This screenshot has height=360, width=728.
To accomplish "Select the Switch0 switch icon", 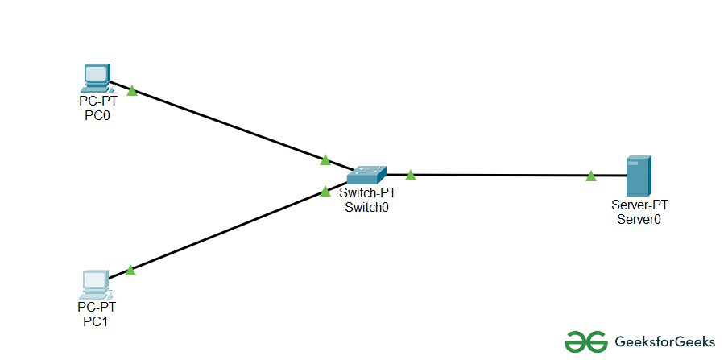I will point(367,174).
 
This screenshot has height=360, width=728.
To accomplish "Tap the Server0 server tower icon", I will point(638,176).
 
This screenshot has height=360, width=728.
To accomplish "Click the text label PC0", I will point(97,115).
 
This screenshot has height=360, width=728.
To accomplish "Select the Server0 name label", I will point(635,218).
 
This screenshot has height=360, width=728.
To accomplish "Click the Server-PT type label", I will point(635,205).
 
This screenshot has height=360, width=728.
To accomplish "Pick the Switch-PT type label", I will point(367,194).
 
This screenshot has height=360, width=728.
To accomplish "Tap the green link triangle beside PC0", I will point(132,91).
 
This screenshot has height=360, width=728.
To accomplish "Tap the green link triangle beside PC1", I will point(130,271).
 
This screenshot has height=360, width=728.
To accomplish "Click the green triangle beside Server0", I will point(591,176).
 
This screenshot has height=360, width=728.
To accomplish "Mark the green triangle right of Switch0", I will point(410,175).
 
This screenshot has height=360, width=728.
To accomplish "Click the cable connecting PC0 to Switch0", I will point(225,126).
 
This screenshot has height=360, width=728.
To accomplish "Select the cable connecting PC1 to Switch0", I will point(225,231).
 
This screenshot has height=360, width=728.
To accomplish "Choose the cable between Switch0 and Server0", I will point(499,175).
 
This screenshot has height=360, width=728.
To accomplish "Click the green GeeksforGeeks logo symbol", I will point(585,341).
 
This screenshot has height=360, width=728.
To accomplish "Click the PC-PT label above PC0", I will point(97,102).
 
